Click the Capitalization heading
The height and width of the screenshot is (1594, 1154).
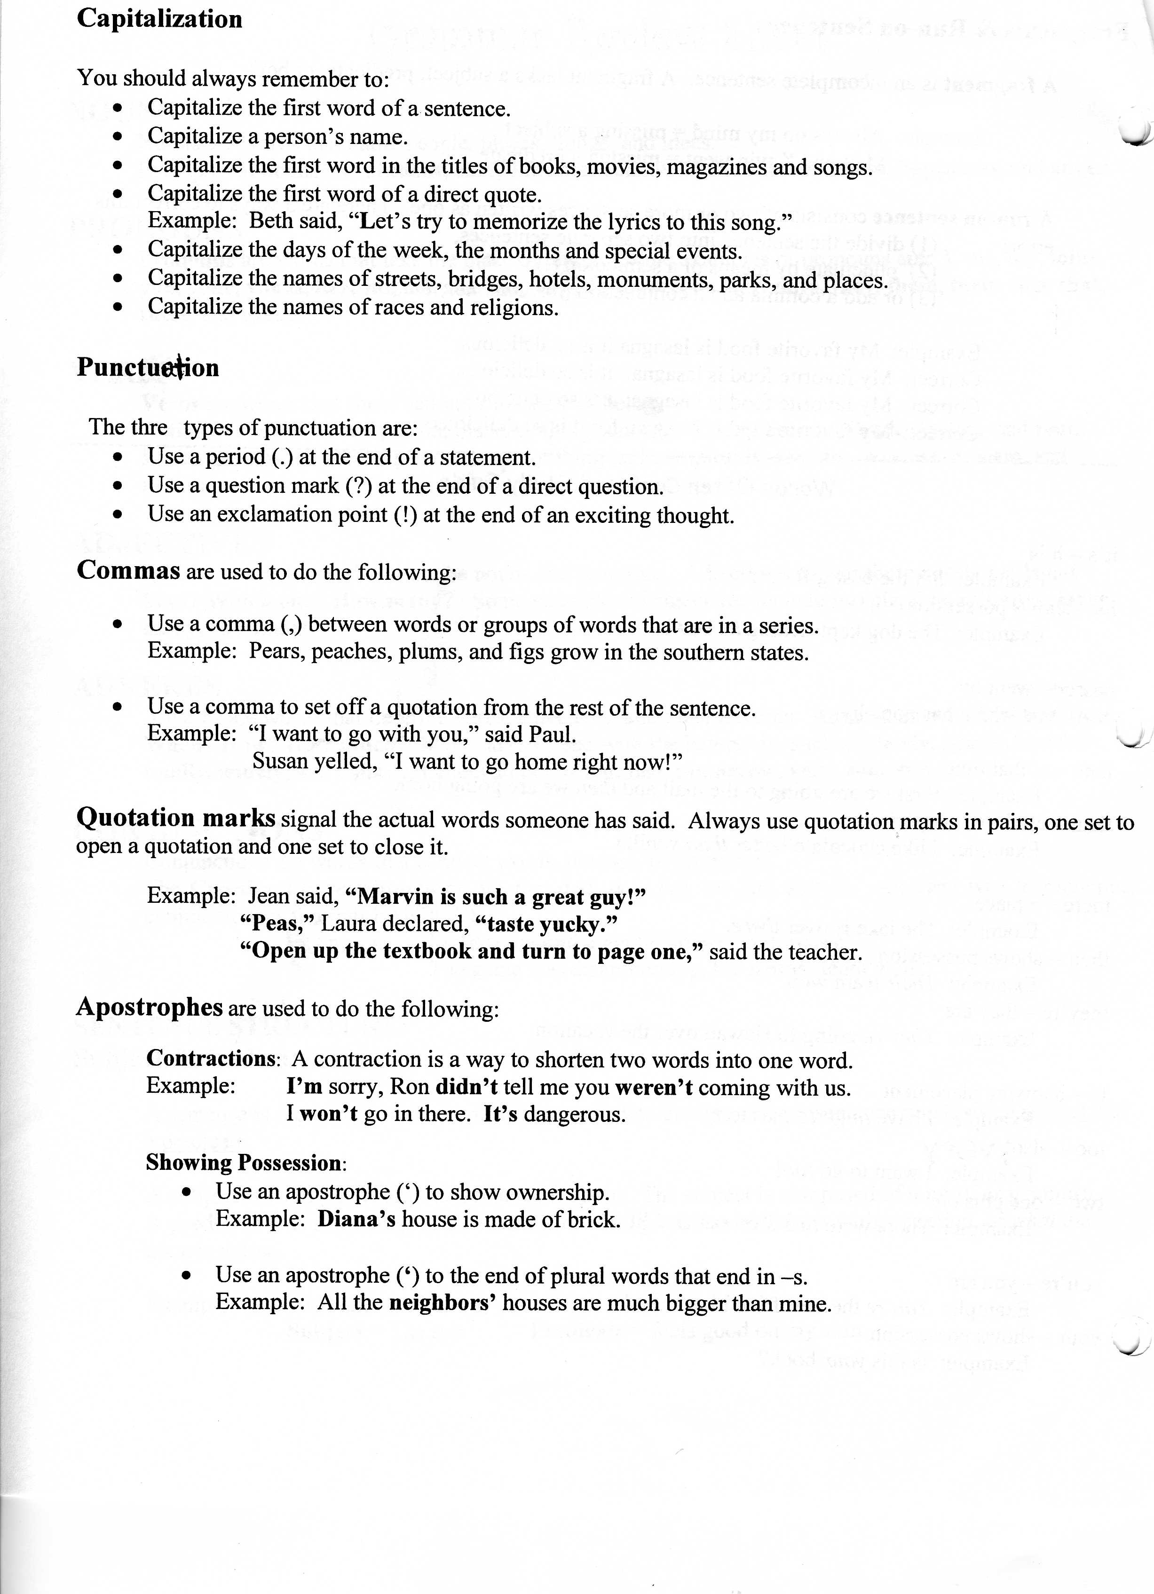[x=159, y=19]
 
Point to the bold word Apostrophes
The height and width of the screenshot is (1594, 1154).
[x=149, y=1007]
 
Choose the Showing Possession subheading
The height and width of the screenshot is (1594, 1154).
[x=244, y=1163]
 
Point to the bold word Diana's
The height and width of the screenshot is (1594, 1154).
[x=356, y=1219]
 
